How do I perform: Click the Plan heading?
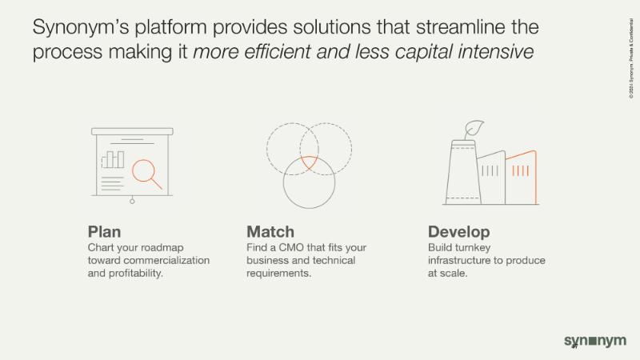point(104,232)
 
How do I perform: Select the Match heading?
point(270,232)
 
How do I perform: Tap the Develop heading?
point(458,232)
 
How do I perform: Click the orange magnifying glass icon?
point(146,174)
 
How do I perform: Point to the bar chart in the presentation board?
point(113,159)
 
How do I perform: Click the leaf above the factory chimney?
point(474,129)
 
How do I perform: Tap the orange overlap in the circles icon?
point(309,162)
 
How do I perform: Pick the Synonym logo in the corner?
point(594,341)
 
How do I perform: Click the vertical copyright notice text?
point(631,58)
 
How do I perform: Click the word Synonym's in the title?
point(81,28)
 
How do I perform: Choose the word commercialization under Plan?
point(166,261)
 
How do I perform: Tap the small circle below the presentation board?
point(132,202)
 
